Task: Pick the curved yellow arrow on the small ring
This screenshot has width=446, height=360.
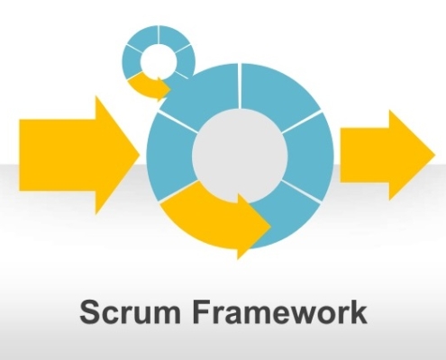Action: (147, 85)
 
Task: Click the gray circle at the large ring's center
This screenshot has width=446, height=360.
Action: (240, 155)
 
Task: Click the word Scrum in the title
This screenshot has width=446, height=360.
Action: (131, 312)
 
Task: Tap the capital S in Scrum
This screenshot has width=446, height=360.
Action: (90, 312)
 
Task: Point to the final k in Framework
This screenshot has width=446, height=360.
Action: (358, 311)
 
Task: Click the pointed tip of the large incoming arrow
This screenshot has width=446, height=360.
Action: (141, 155)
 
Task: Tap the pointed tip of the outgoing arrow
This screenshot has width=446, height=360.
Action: (435, 155)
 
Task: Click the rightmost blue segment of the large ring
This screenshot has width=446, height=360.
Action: (309, 156)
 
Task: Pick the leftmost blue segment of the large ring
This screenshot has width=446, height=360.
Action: (170, 156)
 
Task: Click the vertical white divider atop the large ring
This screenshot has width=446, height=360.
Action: (240, 85)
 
